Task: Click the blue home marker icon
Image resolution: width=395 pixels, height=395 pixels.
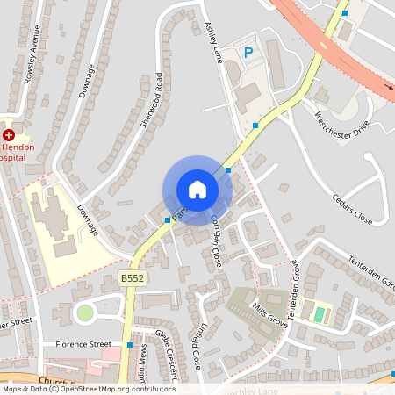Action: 197,190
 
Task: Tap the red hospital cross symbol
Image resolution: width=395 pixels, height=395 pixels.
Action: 9,135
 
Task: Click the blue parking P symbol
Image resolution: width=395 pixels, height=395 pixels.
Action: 248,53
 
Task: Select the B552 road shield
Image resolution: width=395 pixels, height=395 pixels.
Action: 132,278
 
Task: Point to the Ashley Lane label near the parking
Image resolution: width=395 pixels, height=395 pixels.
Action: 212,41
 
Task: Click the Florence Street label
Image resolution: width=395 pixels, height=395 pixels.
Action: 83,345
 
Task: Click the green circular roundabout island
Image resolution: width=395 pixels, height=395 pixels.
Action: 84,312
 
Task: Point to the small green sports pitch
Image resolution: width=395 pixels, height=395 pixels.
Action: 319,313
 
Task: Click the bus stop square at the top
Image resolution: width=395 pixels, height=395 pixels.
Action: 344,13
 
